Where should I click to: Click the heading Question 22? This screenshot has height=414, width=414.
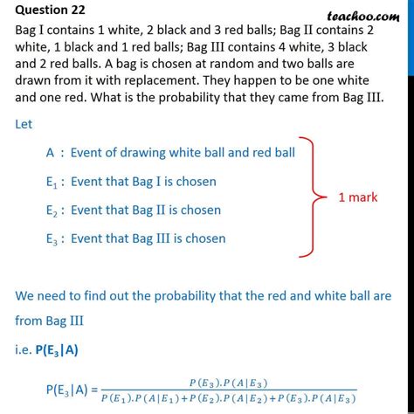[50, 10]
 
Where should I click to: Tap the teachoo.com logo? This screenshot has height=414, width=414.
[363, 16]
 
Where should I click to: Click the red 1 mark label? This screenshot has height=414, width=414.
[358, 197]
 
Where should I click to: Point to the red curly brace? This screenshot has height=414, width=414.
[313, 197]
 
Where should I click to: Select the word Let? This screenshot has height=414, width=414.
[24, 124]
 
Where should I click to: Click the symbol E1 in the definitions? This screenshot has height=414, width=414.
[52, 183]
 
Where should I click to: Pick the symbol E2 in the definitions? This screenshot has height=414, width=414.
[52, 210]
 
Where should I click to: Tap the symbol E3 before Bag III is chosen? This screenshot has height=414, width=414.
[52, 239]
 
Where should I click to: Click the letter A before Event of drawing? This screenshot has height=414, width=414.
[50, 153]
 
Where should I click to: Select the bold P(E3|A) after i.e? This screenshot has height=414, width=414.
[57, 350]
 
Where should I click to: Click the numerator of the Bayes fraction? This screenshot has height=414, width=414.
[228, 383]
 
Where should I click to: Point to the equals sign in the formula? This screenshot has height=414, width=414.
[94, 390]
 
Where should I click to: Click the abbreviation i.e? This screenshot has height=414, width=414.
[23, 350]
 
